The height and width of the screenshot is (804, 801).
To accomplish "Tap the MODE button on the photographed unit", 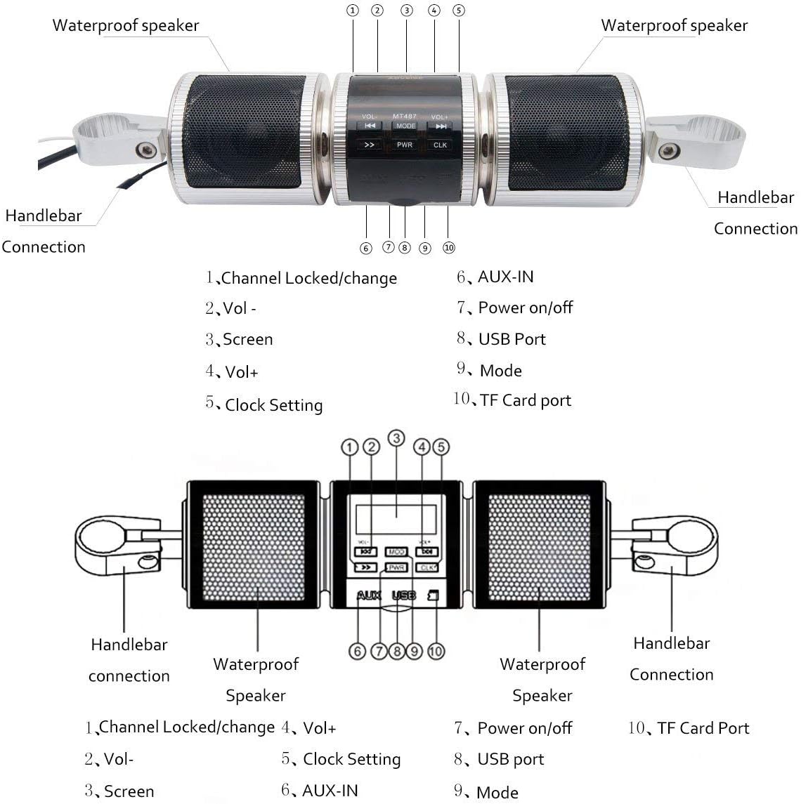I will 405,126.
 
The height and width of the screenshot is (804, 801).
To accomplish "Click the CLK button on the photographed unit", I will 440,145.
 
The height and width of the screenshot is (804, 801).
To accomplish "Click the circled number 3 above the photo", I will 406,11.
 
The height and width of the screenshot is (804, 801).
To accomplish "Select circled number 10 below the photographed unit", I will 449,248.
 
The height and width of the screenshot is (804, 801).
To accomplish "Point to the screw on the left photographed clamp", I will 146,149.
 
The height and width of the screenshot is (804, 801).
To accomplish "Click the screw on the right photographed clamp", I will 668,150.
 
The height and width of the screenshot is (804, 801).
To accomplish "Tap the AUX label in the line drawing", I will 369,595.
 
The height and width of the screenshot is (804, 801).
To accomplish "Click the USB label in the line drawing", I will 403,595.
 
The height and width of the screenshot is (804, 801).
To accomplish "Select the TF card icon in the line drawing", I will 434,595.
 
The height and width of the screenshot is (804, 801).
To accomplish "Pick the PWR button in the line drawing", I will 396,567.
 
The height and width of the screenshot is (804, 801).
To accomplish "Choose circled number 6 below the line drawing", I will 358,652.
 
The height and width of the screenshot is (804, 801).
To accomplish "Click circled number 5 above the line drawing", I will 441,447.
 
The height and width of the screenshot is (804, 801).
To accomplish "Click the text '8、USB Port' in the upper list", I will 501,339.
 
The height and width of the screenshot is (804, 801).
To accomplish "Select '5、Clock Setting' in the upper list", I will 264,404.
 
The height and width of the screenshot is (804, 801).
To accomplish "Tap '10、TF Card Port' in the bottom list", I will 689,728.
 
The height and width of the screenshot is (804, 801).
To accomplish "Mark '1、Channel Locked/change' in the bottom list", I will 180,727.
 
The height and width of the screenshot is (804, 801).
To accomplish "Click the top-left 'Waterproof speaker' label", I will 126,26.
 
